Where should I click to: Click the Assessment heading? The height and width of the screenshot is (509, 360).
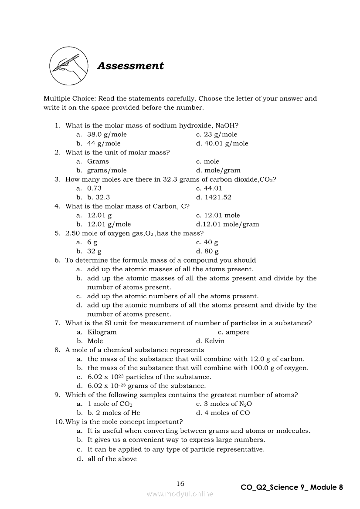(130, 66)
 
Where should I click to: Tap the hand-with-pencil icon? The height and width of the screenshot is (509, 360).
(68, 66)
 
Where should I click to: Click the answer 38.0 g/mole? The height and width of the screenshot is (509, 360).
(107, 135)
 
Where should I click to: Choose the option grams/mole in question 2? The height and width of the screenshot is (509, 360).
(107, 171)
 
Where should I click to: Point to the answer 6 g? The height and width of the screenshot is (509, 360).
(92, 242)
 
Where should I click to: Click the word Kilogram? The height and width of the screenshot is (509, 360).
(102, 332)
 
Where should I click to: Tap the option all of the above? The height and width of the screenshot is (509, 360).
(112, 459)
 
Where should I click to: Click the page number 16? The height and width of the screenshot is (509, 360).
(180, 484)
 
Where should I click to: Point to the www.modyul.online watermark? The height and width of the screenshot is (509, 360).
(180, 494)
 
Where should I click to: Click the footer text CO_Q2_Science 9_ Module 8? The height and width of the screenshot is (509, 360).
(292, 487)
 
